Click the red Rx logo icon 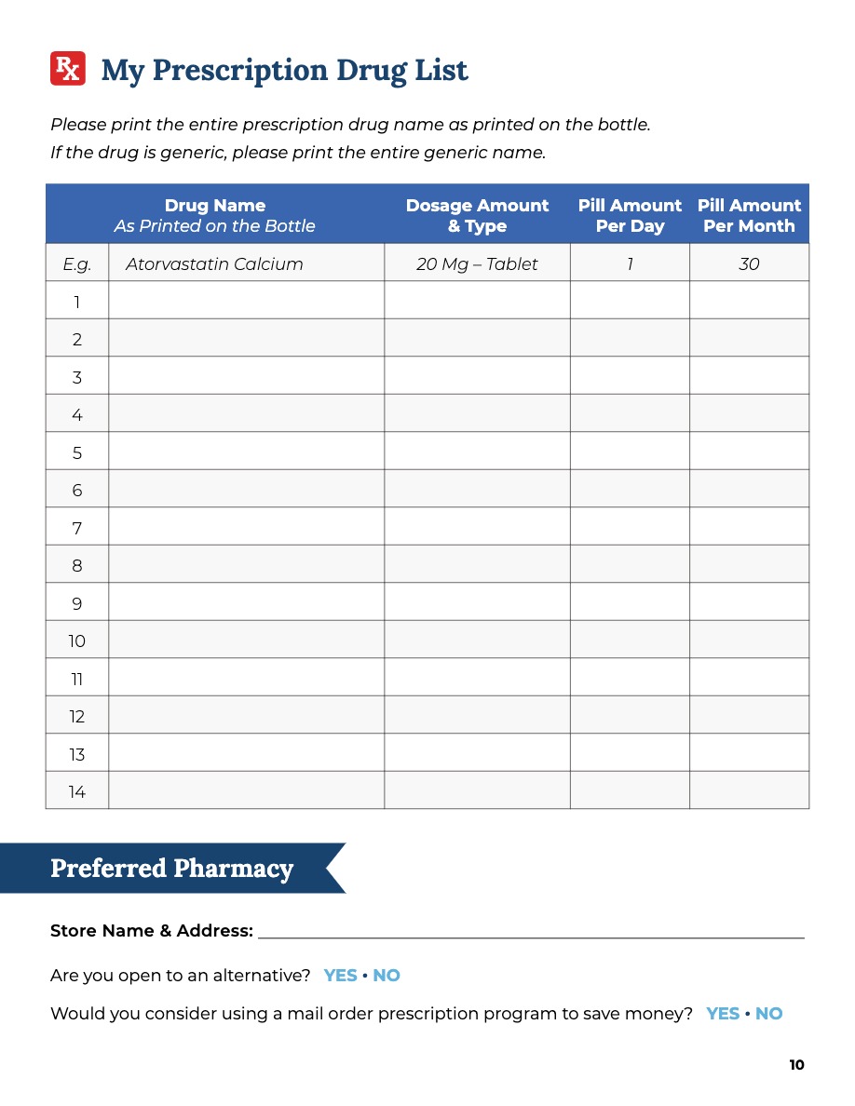click(68, 69)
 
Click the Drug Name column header click(215, 215)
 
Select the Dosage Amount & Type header click(477, 215)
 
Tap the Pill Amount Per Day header click(630, 215)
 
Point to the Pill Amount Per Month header click(749, 215)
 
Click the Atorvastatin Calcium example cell click(214, 264)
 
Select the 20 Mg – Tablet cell click(477, 264)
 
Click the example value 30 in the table click(749, 264)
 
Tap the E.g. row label click(77, 264)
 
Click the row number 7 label click(77, 529)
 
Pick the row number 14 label click(77, 792)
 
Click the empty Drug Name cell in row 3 click(246, 377)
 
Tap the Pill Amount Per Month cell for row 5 click(749, 453)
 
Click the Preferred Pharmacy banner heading click(172, 869)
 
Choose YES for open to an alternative click(341, 976)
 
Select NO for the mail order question click(769, 1014)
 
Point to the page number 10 click(796, 1065)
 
